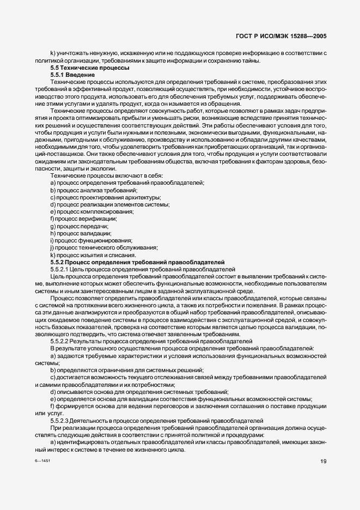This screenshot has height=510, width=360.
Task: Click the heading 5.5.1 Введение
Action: point(72,75)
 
